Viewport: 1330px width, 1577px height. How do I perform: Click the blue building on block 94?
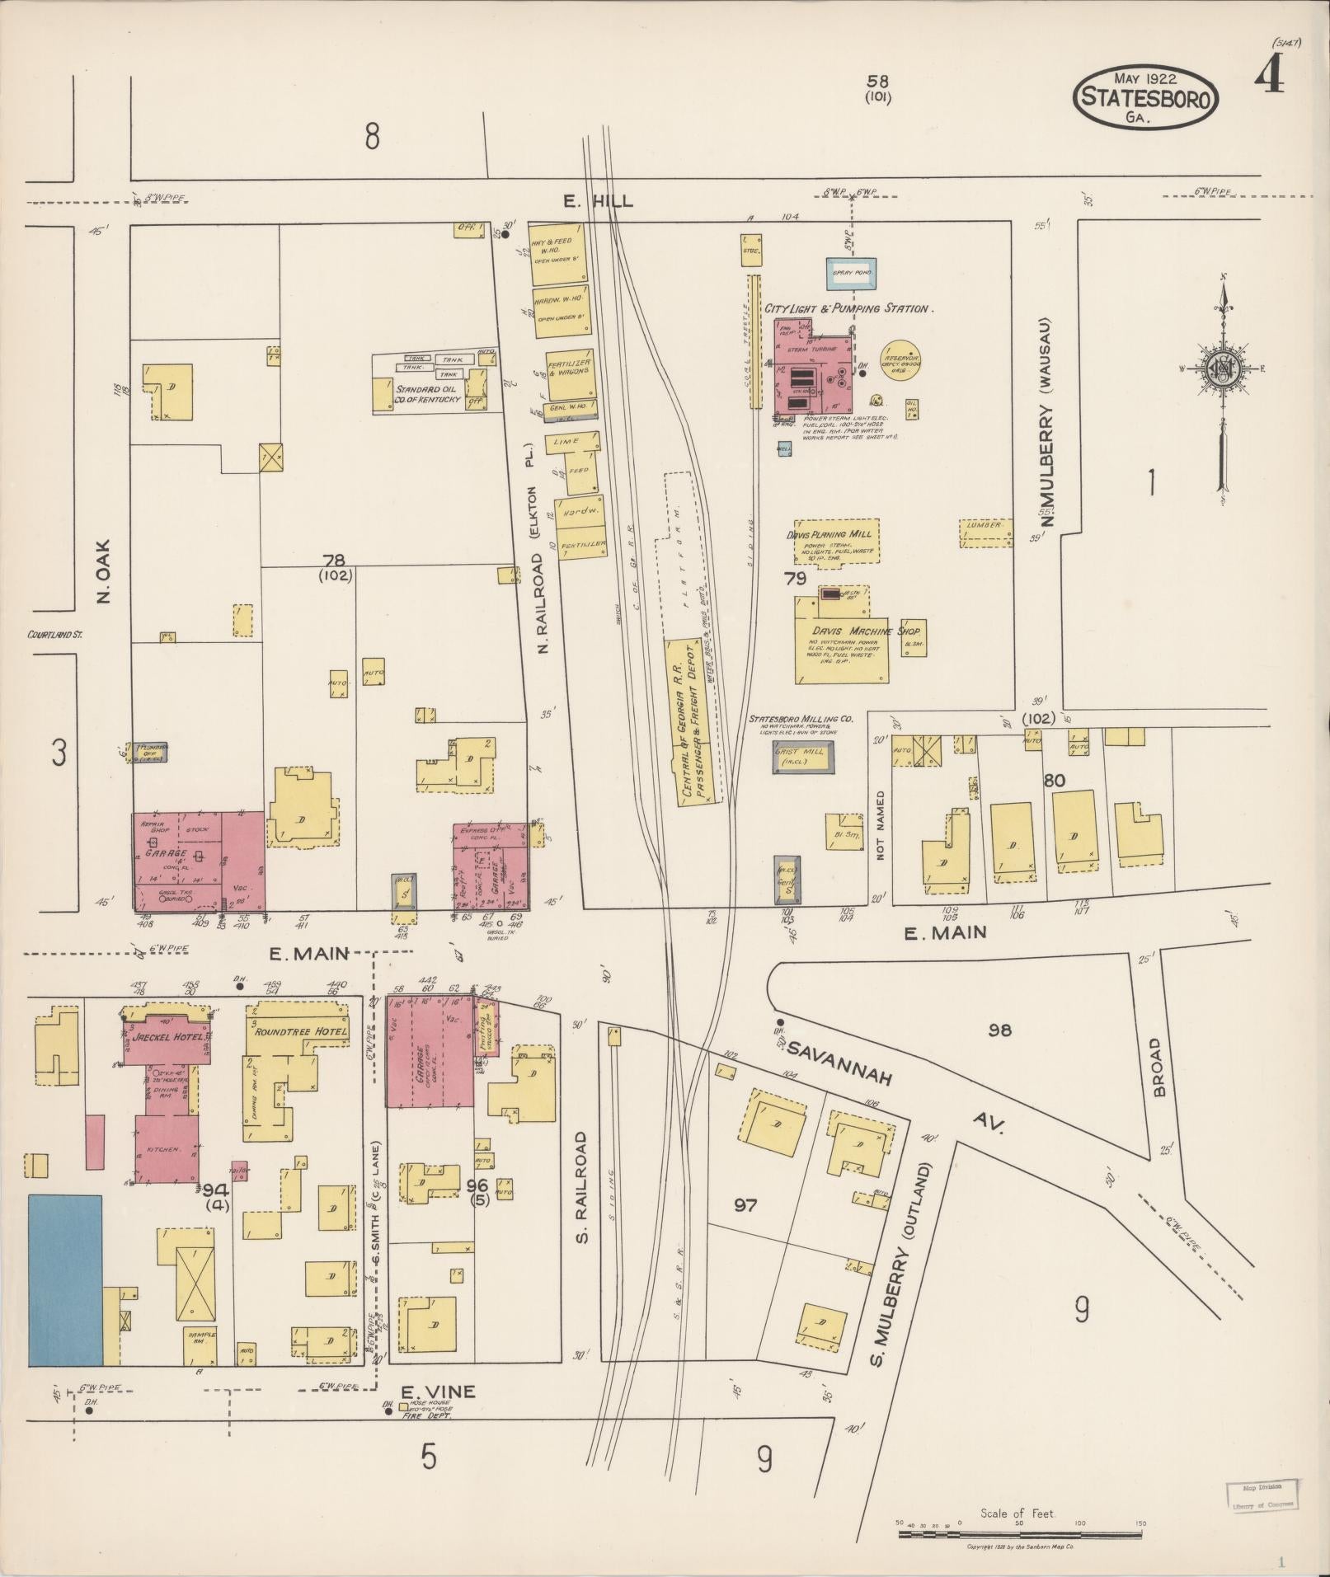[x=65, y=1279]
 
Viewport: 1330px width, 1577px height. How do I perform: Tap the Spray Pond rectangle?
[x=852, y=272]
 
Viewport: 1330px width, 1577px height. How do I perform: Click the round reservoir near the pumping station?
[x=901, y=359]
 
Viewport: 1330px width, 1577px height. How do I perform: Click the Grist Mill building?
[x=802, y=757]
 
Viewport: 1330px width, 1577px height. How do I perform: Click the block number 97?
[x=745, y=1205]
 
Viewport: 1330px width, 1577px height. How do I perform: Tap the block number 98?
[x=1000, y=1030]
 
